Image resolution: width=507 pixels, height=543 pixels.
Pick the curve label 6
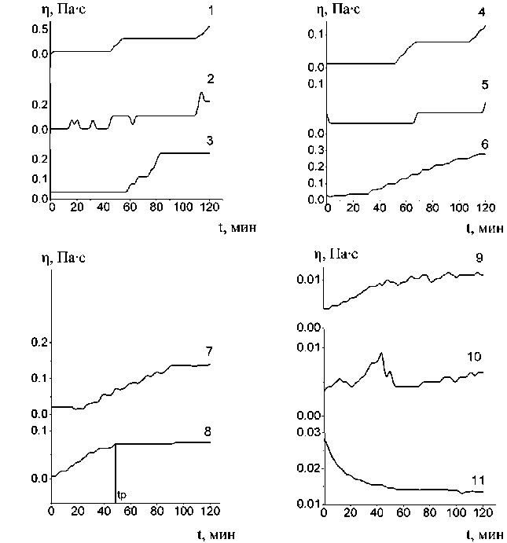click(484, 145)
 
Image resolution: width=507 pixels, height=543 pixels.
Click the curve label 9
click(479, 257)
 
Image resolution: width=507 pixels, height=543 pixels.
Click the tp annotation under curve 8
click(120, 494)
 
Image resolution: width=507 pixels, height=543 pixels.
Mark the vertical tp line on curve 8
click(116, 471)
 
